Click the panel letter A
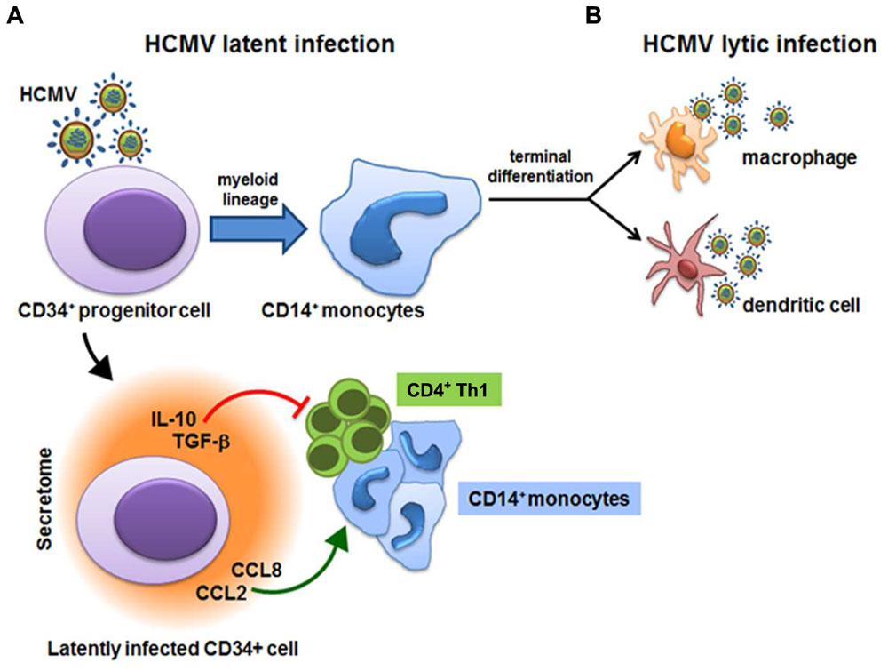[x=14, y=15]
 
